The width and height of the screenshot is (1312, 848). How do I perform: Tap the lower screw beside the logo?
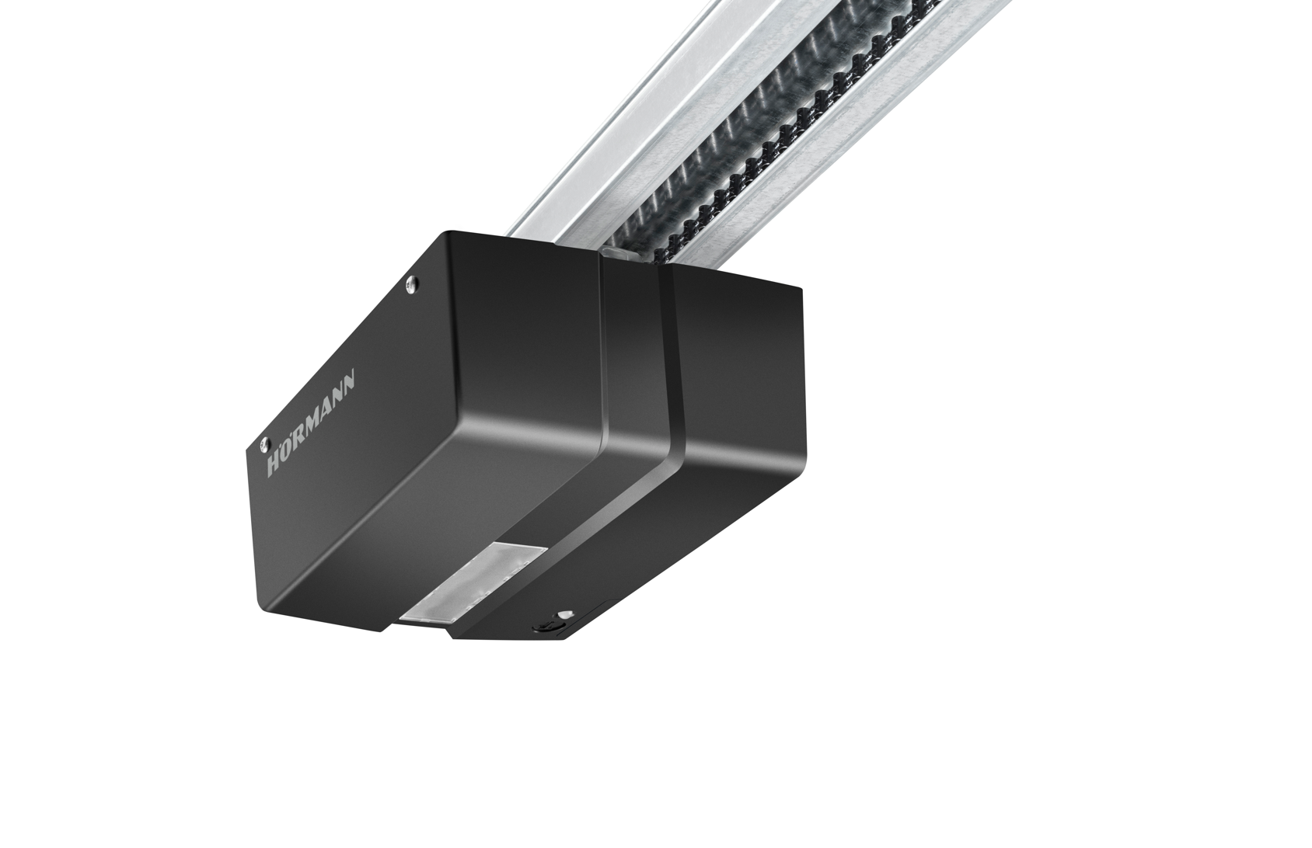click(x=264, y=443)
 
